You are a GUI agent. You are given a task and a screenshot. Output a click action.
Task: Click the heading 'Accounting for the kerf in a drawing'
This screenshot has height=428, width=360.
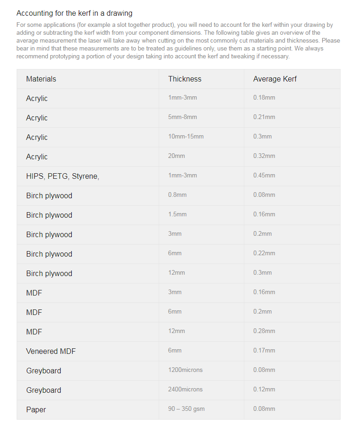[74, 13]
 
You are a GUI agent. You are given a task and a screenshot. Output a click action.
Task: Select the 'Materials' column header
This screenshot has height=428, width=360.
[41, 79]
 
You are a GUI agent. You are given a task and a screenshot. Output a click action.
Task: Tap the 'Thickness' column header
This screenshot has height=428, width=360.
[185, 79]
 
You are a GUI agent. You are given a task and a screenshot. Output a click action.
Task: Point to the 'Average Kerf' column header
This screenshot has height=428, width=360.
[275, 79]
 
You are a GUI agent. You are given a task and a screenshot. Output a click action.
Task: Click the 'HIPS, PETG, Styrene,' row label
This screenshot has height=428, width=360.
[62, 176]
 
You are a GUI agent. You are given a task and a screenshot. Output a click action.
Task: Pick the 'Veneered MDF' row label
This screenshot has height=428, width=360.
[51, 351]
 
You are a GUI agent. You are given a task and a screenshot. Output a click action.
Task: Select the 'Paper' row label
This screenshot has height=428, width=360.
[36, 409]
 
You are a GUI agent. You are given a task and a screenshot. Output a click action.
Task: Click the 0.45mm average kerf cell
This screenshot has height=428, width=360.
[264, 175]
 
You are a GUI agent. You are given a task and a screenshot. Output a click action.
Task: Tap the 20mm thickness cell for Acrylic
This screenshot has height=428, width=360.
[176, 156]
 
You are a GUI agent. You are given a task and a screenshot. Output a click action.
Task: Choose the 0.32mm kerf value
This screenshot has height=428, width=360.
[264, 156]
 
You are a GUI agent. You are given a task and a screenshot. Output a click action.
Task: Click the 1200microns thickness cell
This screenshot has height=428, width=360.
[185, 370]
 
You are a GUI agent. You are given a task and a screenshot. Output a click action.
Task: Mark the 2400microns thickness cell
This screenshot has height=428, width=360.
[185, 389]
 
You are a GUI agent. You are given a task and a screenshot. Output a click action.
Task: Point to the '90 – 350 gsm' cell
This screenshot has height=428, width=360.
[186, 409]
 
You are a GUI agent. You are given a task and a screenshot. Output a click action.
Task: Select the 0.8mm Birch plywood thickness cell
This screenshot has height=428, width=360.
[177, 195]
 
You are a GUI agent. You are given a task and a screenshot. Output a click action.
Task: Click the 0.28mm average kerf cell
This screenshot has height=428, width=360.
[264, 331]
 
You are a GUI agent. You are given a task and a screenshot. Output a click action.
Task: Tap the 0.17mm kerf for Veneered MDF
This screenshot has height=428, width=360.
[264, 350]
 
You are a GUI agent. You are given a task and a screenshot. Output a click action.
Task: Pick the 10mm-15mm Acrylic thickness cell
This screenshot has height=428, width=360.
[186, 136]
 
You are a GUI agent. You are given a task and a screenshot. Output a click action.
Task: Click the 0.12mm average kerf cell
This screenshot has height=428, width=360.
[264, 389]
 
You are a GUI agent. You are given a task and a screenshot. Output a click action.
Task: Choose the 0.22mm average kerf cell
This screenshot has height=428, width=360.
[264, 253]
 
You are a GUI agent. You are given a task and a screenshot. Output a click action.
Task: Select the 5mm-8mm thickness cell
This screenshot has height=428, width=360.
[182, 117]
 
